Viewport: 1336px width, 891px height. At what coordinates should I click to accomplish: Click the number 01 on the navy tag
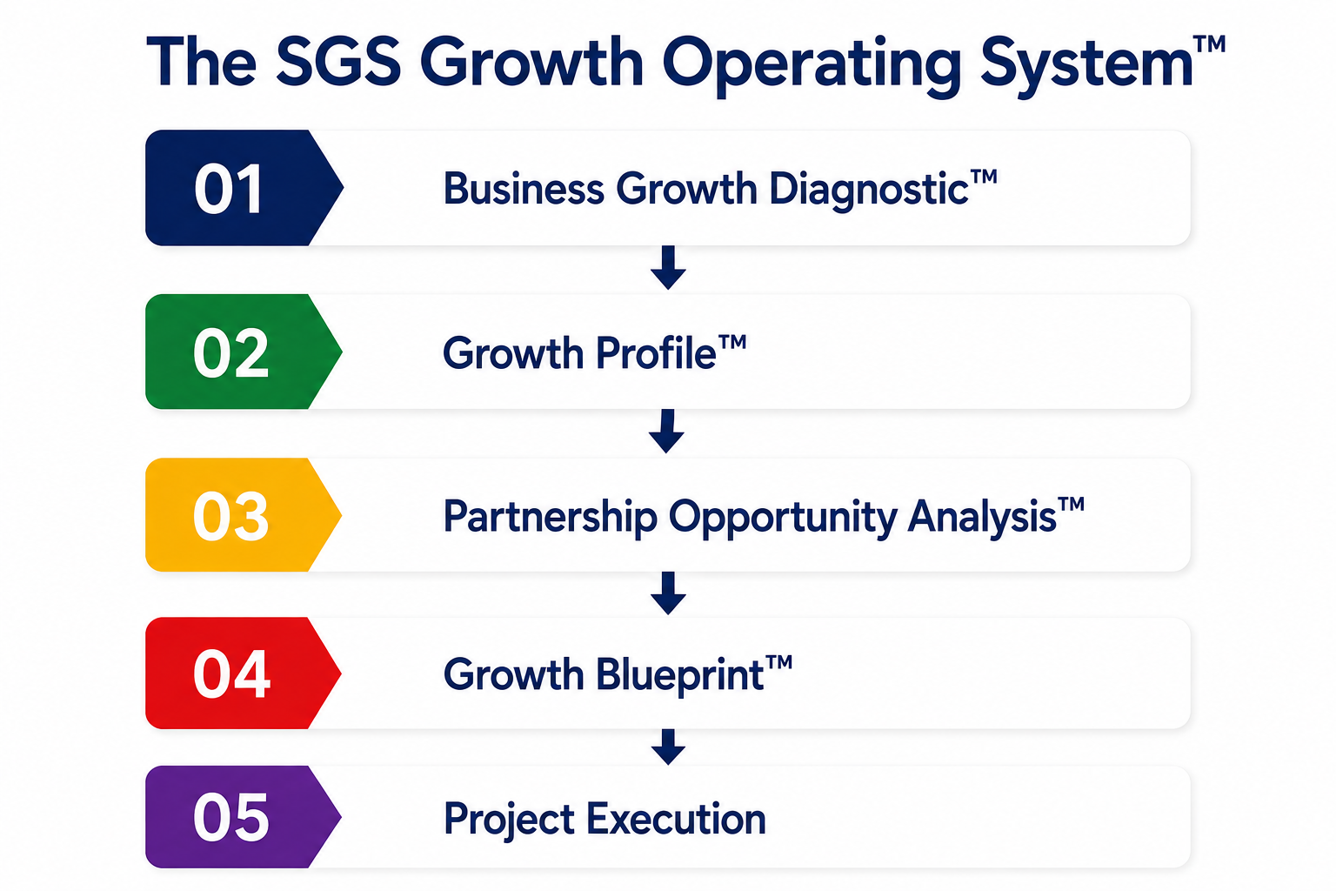(x=229, y=189)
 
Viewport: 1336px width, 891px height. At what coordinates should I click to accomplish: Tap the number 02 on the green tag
(x=230, y=352)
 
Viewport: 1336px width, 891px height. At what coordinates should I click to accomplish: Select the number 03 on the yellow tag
(x=230, y=516)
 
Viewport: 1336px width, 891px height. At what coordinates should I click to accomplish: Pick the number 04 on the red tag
(x=231, y=673)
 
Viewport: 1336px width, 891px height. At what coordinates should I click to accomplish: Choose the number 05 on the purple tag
(x=230, y=818)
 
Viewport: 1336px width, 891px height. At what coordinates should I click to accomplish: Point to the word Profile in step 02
(x=656, y=352)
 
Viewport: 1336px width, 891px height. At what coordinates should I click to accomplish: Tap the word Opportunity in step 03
(x=783, y=518)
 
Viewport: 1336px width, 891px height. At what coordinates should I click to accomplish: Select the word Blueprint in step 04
(x=680, y=675)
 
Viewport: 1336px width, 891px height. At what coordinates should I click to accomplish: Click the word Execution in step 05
(x=677, y=819)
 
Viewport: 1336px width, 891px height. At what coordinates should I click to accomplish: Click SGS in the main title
(x=338, y=62)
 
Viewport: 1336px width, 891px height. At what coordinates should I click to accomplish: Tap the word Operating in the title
(x=812, y=65)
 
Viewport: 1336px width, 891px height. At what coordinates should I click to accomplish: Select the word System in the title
(x=1086, y=64)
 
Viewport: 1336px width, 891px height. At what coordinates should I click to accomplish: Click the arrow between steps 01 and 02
(x=668, y=267)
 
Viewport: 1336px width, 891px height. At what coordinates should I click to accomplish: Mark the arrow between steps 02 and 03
(x=667, y=431)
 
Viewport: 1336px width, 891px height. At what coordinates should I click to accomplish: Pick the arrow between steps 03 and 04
(x=668, y=593)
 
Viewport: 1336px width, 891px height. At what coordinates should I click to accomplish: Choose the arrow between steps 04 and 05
(x=668, y=747)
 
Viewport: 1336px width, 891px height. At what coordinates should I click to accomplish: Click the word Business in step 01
(x=524, y=189)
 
